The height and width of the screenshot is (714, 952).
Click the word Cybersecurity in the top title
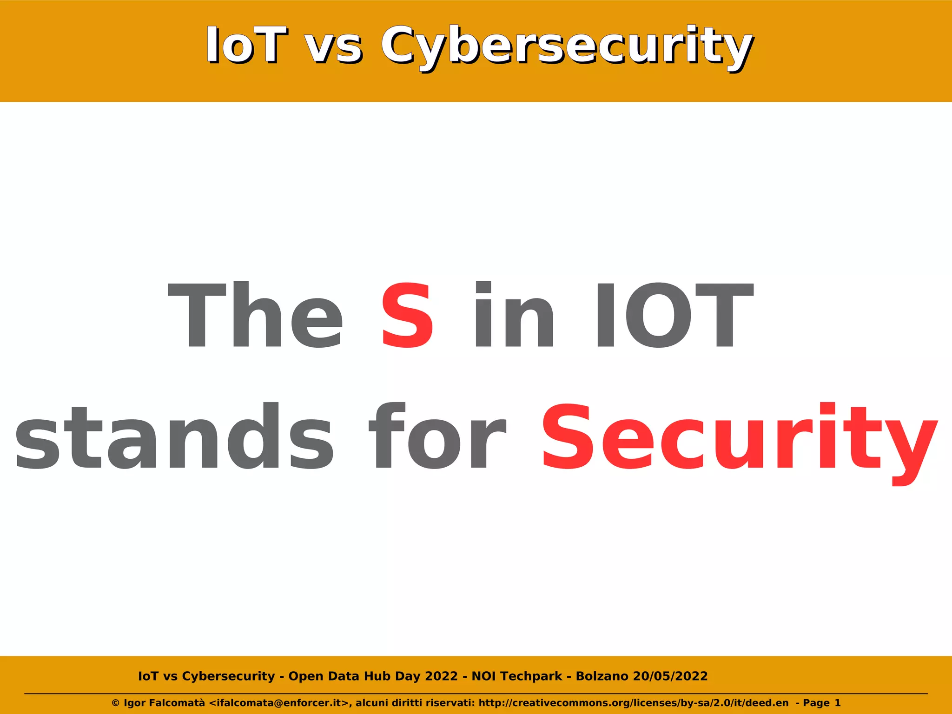pyautogui.click(x=567, y=46)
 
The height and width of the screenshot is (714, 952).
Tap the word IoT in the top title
pyautogui.click(x=246, y=45)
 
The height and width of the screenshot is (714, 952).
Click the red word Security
pyautogui.click(x=739, y=439)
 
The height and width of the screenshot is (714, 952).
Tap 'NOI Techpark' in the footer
pyautogui.click(x=517, y=676)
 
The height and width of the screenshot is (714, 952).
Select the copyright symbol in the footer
pyautogui.click(x=116, y=703)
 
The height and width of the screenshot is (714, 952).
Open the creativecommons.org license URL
pyautogui.click(x=633, y=703)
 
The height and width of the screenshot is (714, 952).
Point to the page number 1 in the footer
pyautogui.click(x=838, y=703)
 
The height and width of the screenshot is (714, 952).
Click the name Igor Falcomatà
pyautogui.click(x=164, y=703)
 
